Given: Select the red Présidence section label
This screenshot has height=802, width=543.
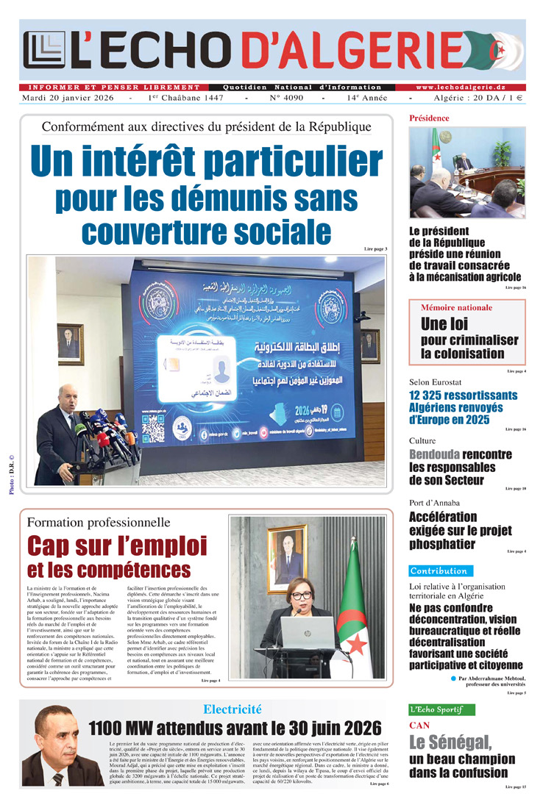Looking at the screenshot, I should tap(429, 118).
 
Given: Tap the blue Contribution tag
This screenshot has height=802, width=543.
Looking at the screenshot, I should tap(440, 570).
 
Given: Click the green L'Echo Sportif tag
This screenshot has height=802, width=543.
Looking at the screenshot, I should tap(441, 709).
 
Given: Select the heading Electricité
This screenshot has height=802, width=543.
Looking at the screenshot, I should tap(233, 709).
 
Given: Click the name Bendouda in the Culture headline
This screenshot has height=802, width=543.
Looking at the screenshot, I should tap(434, 454).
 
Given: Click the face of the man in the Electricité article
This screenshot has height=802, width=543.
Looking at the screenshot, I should tap(55, 737).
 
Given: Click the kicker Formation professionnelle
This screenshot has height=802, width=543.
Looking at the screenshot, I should tap(98, 523).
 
